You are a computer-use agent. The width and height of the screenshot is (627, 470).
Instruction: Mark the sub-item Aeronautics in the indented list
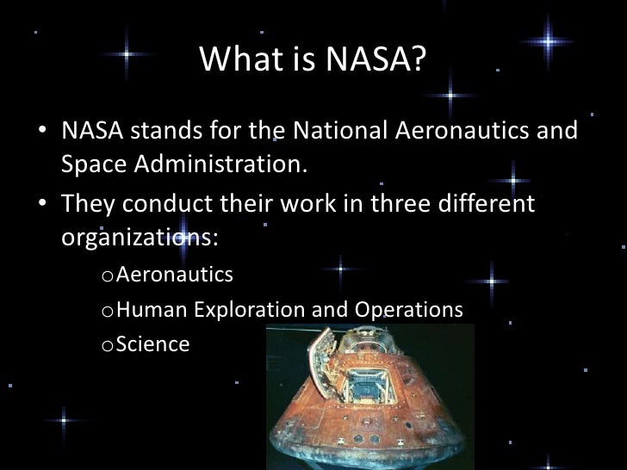[174, 275]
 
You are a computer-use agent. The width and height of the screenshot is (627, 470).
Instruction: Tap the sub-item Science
[152, 343]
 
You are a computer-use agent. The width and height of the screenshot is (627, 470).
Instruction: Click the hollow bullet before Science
[106, 345]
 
